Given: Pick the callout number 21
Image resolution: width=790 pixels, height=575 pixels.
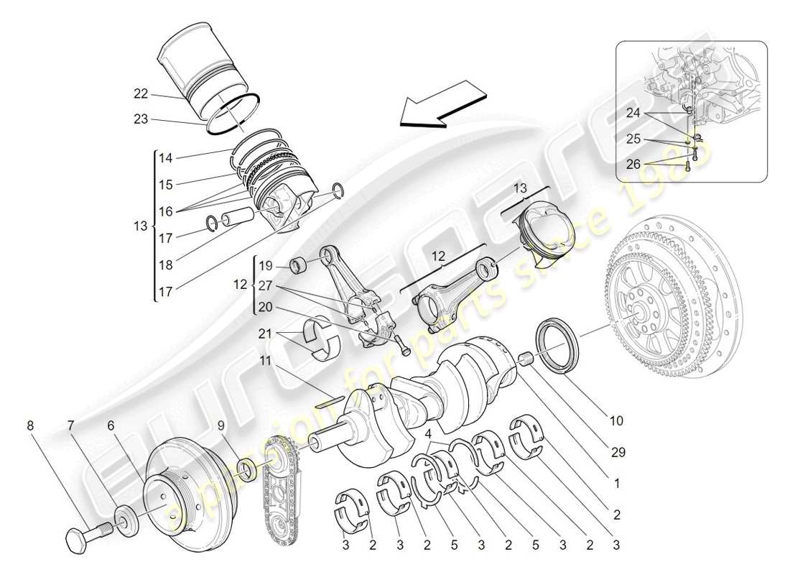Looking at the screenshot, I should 265,334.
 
